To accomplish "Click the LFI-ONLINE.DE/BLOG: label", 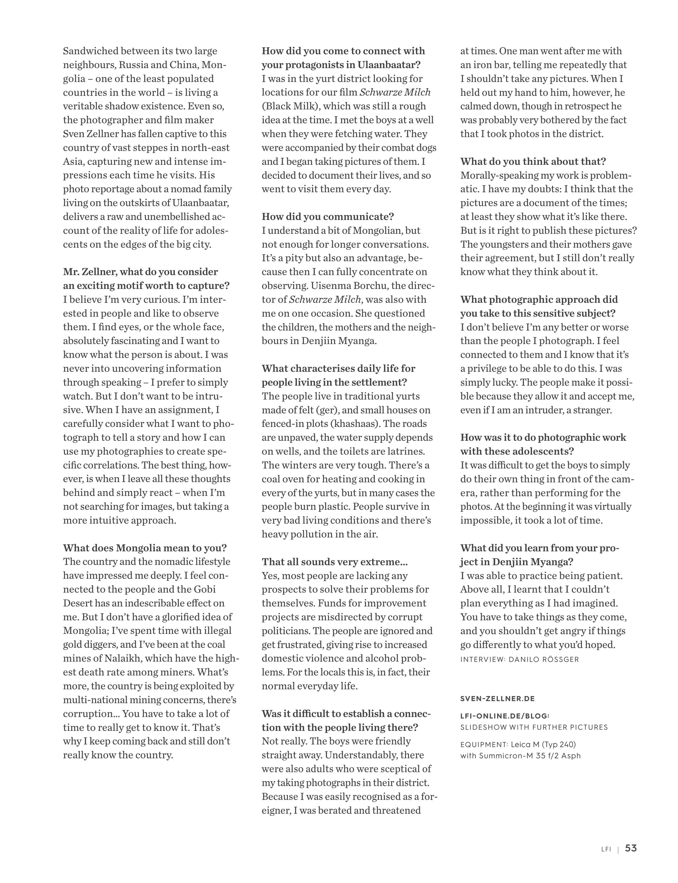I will pyautogui.click(x=504, y=716).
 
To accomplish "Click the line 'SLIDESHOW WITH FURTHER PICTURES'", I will pyautogui.click(x=534, y=727).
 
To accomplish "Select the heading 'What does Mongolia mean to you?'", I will pyautogui.click(x=145, y=548).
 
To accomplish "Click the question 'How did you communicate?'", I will pyautogui.click(x=327, y=216).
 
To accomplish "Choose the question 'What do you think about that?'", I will pyautogui.click(x=533, y=162).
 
